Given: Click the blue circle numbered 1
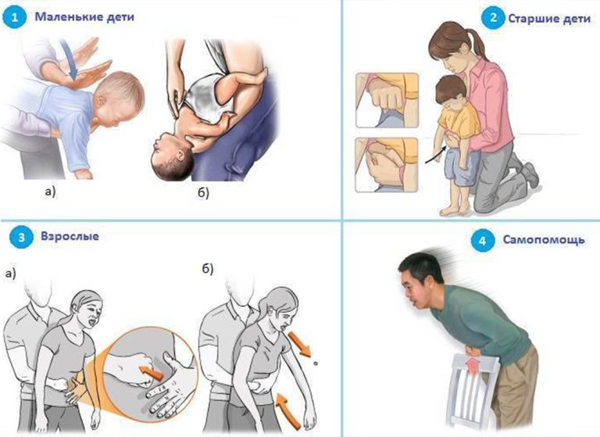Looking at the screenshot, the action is tap(15, 18).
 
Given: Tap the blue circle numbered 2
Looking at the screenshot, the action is tap(493, 18).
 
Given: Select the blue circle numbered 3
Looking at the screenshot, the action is tap(21, 237).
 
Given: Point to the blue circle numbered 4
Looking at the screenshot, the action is tap(483, 241).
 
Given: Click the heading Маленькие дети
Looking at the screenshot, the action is tap(84, 17).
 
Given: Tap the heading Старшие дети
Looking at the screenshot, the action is tap(549, 19).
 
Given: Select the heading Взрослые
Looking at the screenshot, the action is tap(70, 236).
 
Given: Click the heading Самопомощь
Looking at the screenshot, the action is tap(544, 239).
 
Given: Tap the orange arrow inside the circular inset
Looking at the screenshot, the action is tap(151, 373).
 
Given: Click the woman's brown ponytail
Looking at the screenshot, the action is tap(476, 43).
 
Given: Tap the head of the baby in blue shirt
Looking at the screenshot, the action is tap(120, 98).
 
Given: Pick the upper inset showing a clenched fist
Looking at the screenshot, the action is tap(387, 100).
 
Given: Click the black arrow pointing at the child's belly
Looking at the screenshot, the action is tap(436, 154).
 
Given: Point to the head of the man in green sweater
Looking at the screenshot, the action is tap(419, 281).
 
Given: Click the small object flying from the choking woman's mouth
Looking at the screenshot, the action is tap(316, 363).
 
